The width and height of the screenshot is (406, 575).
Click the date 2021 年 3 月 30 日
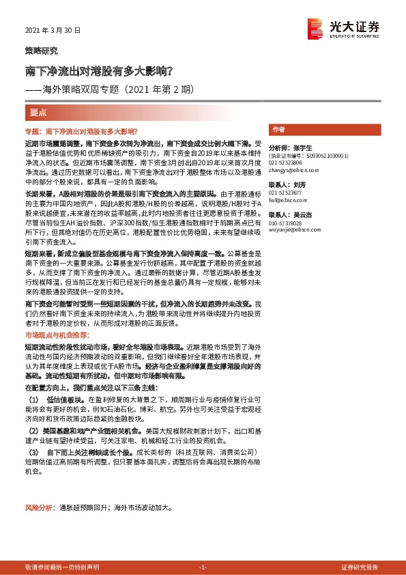(53, 31)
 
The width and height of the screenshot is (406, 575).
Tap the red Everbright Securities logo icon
(315, 28)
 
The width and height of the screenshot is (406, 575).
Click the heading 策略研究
(41, 51)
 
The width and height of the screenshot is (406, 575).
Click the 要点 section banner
(39, 111)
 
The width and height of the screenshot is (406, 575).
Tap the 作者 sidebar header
(278, 130)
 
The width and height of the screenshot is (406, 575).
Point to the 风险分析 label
(40, 508)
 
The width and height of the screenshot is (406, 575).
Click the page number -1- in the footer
(202, 567)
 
